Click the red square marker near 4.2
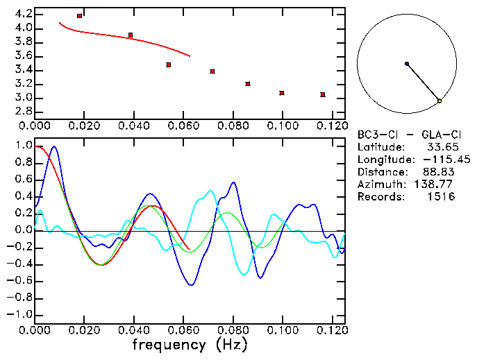click(x=80, y=15)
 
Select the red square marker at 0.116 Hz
click(x=323, y=94)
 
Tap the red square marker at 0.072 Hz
click(x=212, y=71)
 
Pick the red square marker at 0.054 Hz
click(x=169, y=65)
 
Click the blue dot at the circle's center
click(x=407, y=64)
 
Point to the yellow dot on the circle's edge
click(x=440, y=101)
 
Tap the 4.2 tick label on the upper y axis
click(x=22, y=14)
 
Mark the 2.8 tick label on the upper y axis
click(x=22, y=111)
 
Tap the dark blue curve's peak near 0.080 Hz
click(x=233, y=182)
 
